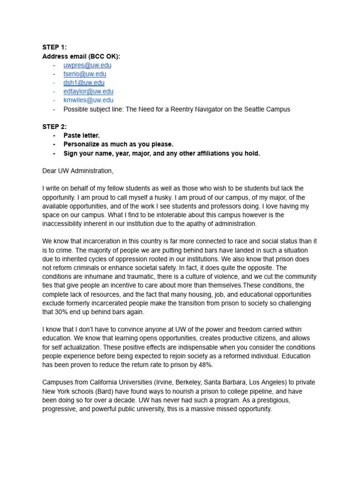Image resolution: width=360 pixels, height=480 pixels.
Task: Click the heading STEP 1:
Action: (54, 47)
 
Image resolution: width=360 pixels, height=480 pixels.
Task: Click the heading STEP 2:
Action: (54, 127)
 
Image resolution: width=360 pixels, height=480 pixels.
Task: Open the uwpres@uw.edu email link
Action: (87, 65)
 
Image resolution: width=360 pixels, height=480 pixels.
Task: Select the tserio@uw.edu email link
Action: (85, 74)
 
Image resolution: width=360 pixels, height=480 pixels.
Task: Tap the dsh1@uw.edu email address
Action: (84, 82)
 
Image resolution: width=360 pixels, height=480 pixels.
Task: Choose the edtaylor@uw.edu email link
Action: (88, 91)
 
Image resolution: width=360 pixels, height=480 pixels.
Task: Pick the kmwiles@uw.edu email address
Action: (88, 100)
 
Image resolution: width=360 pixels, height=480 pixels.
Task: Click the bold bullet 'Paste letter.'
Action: (82, 135)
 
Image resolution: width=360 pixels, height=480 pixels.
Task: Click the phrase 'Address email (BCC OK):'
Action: (81, 56)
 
